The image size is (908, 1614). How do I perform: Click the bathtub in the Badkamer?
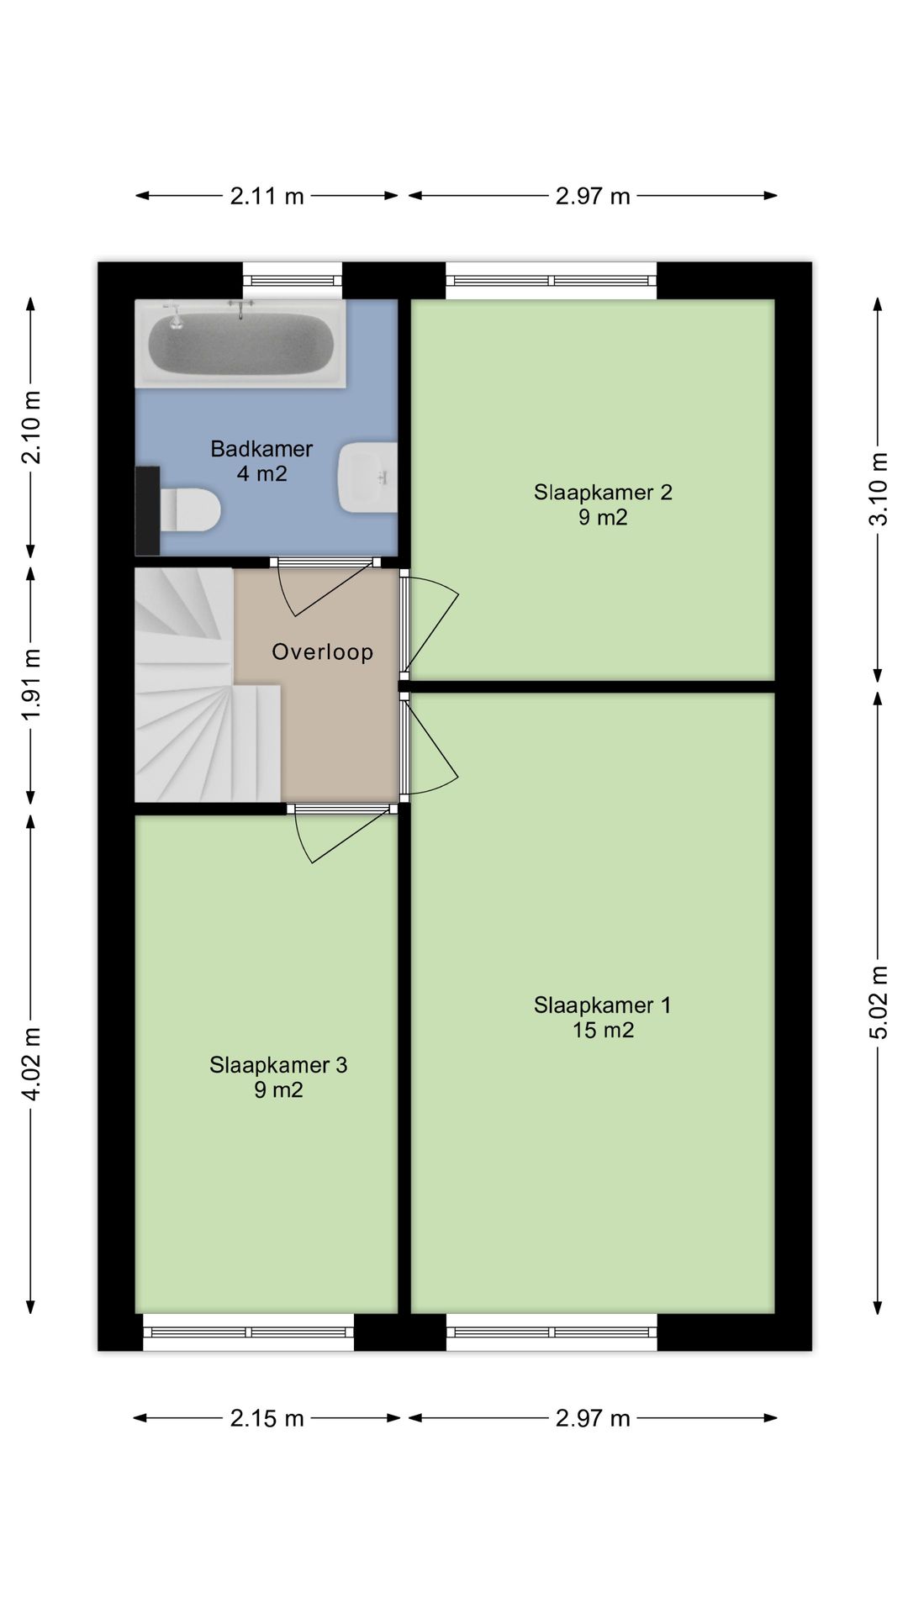240,344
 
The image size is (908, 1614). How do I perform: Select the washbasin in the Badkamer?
368,477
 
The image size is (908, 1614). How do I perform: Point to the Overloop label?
322,651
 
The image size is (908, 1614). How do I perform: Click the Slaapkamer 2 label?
603,492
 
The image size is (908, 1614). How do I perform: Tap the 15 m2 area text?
603,1030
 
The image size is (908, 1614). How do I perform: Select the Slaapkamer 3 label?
278,1065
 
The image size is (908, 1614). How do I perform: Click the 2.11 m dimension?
267,196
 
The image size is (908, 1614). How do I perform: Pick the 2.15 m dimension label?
267,1418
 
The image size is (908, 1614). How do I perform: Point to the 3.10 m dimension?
878,489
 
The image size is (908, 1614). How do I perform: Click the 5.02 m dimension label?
878,1003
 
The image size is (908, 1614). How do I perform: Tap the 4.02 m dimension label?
31,1063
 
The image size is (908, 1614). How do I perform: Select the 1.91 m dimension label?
31,684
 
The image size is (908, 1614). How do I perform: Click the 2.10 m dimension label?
31,428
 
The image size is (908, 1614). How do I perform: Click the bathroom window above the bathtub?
293,281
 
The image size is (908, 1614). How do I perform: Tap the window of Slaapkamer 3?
249,1332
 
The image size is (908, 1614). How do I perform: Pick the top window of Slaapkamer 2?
551,281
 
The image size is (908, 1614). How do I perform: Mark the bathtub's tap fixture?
240,309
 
